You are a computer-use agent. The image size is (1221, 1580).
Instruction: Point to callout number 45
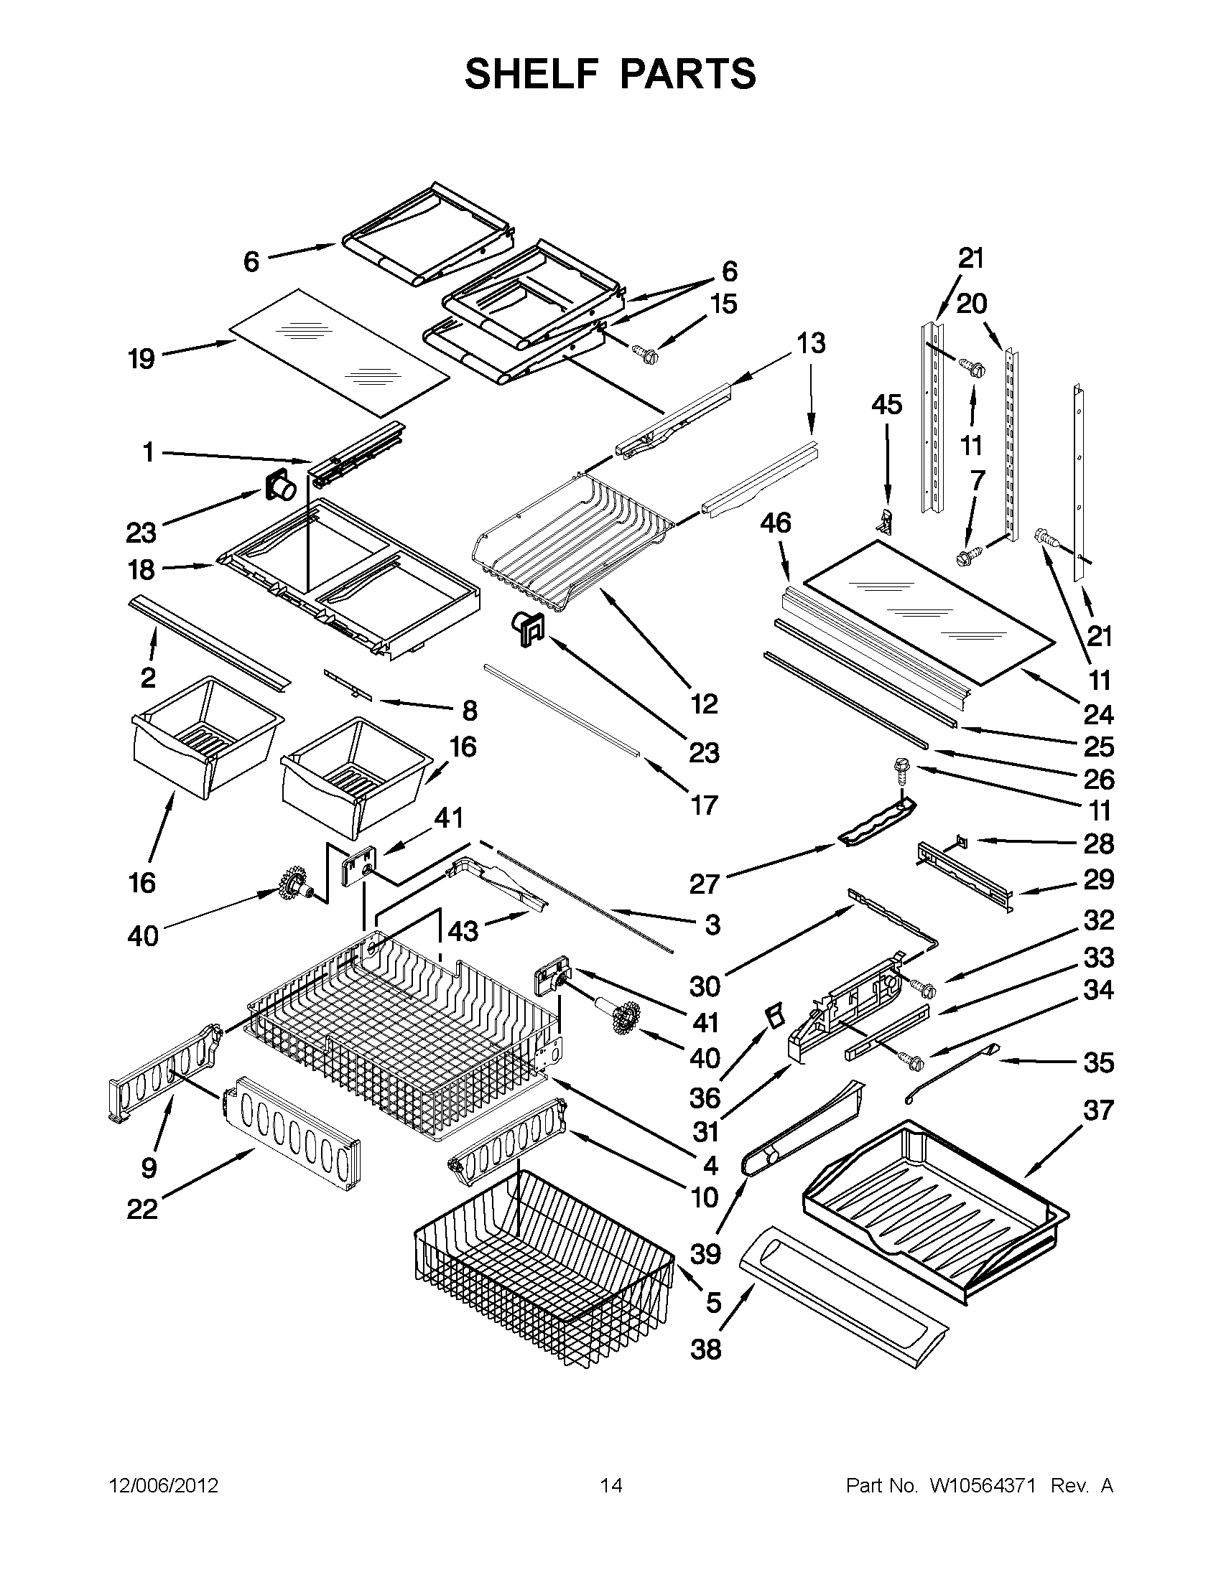pos(886,404)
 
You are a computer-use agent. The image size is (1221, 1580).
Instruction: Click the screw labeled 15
pos(644,354)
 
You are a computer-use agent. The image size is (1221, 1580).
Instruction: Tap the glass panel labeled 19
pos(340,352)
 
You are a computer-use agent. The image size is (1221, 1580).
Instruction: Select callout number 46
pos(775,523)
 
